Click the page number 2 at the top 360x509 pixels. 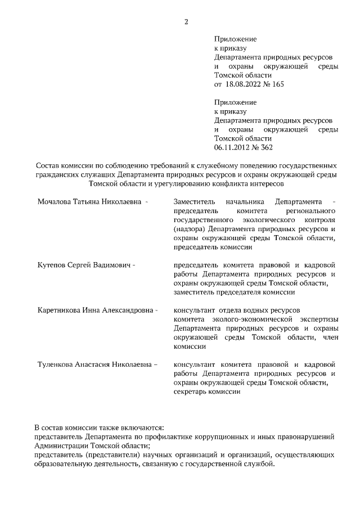pos(186,22)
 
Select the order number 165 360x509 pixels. pos(277,84)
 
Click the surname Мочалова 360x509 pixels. pos(54,201)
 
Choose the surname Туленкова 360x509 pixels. pos(57,364)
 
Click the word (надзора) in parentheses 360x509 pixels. pos(190,229)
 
